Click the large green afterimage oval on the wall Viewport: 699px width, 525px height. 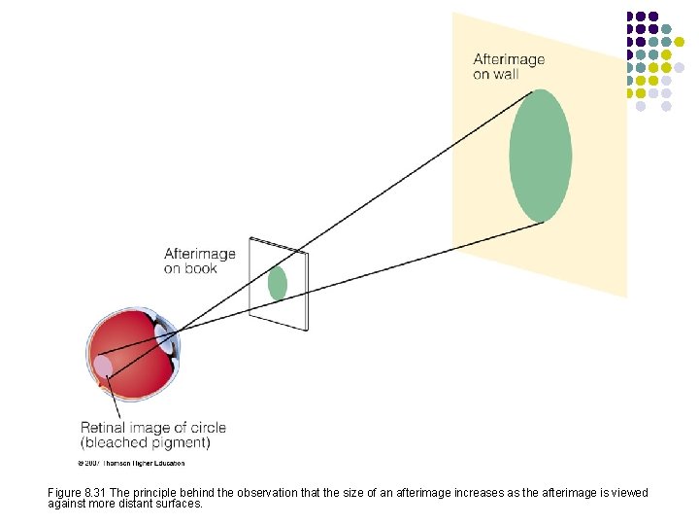pos(540,156)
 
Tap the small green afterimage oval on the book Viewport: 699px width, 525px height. pos(278,283)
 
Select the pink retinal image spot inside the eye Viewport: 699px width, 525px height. pos(102,367)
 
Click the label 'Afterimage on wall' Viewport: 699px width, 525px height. pos(509,66)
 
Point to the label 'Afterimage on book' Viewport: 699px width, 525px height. pos(199,261)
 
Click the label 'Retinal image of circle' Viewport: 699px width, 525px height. pos(152,427)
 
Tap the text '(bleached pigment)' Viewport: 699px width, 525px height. pos(145,442)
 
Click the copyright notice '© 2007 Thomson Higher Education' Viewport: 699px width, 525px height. pos(130,462)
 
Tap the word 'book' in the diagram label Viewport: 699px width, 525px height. pos(201,268)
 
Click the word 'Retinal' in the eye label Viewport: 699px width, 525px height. pos(104,427)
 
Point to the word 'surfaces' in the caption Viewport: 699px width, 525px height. pos(184,504)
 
